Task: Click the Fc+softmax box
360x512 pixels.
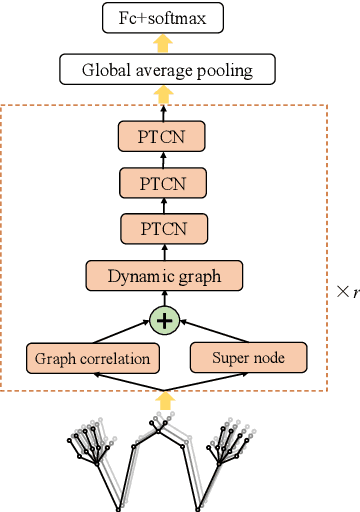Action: [x=163, y=17]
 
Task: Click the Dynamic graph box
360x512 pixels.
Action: [x=163, y=276]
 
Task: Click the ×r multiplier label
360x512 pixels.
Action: [x=347, y=293]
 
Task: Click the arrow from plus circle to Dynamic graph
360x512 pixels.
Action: [x=163, y=299]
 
